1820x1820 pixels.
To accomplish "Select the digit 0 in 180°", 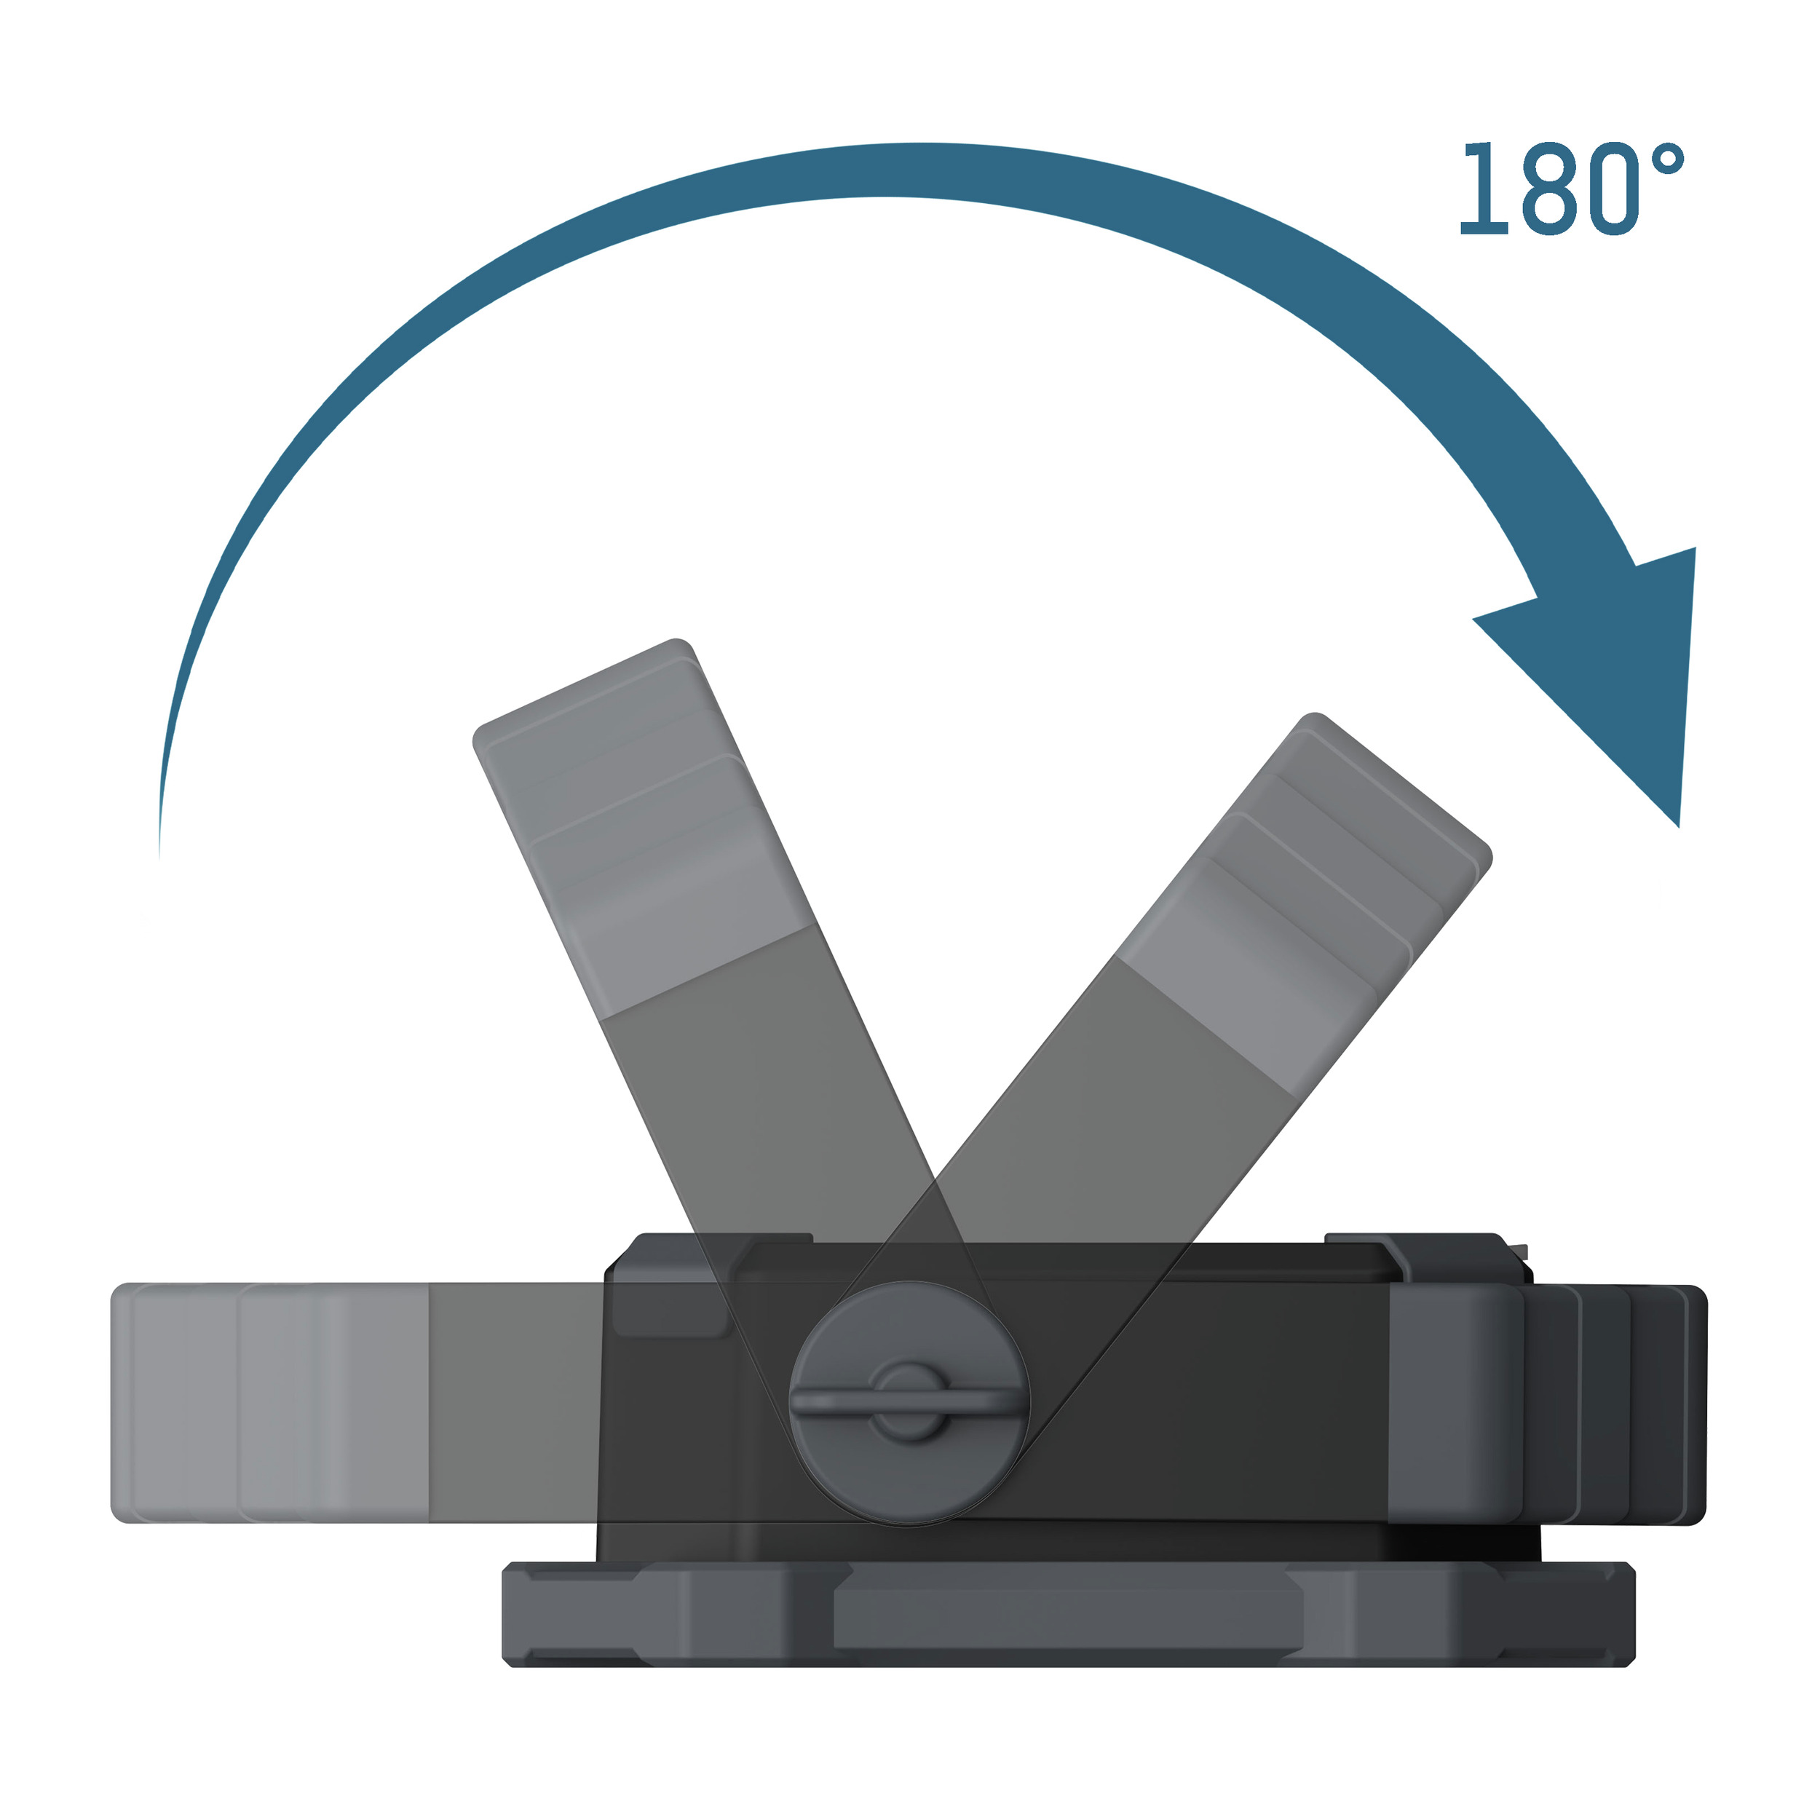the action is pos(1613,188).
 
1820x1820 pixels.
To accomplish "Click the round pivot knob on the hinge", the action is pos(909,1404).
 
